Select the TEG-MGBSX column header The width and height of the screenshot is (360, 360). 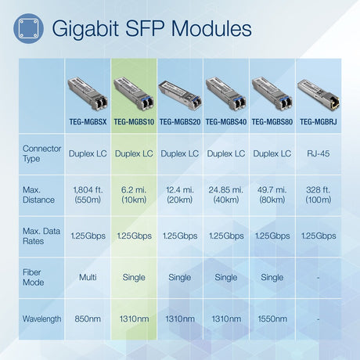tap(88, 121)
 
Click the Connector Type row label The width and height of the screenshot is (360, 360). tap(41, 154)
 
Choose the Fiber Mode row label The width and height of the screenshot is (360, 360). tap(34, 277)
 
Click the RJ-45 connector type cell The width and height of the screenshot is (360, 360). tap(317, 154)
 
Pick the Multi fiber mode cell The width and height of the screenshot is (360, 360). tap(88, 277)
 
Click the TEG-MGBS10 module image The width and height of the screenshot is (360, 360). tap(134, 96)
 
